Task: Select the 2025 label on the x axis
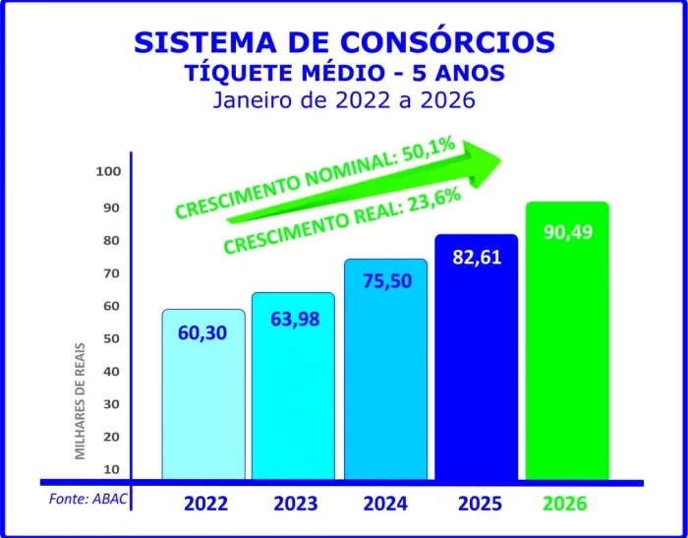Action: [480, 504]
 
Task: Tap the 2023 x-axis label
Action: [295, 504]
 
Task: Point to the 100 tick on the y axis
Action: [108, 171]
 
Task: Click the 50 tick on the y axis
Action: [111, 338]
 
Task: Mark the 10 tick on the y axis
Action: [111, 469]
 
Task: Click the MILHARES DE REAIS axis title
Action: [82, 400]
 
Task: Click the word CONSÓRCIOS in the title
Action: [453, 42]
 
